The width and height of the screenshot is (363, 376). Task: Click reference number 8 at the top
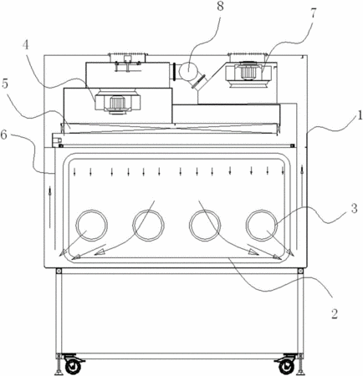point(220,7)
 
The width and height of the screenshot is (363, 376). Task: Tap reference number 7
point(313,13)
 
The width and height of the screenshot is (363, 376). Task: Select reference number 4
point(26,44)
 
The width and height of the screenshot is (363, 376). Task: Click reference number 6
point(4,135)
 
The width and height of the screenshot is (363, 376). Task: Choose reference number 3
point(354,208)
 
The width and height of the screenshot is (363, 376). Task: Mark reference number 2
point(334,313)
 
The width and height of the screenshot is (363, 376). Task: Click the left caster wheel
point(73,366)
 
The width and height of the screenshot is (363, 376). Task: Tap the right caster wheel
point(286,366)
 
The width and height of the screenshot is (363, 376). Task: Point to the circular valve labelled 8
point(188,71)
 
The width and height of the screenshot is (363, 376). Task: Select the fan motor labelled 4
point(117,103)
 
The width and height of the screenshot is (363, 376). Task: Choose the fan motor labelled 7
point(248,72)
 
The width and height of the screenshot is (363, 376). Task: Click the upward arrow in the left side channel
point(50,207)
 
